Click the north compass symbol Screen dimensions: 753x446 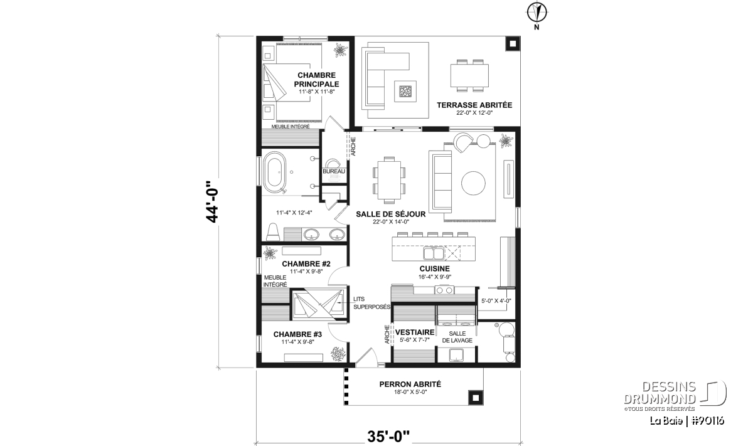point(537,13)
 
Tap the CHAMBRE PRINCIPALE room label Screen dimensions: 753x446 point(317,80)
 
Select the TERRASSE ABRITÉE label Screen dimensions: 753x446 point(474,105)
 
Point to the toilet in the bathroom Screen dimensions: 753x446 point(273,232)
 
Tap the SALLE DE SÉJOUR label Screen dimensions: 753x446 point(390,214)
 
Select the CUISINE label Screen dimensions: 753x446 point(435,269)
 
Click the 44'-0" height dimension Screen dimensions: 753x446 point(212,201)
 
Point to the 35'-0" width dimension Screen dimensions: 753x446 point(388,437)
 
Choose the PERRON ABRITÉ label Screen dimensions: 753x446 point(410,384)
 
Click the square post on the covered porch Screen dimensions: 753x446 point(476,398)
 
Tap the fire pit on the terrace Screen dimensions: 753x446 point(405,91)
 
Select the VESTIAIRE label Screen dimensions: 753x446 point(415,332)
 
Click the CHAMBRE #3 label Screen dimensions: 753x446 point(297,334)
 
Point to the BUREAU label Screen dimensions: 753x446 point(334,171)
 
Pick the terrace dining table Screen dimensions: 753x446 point(469,76)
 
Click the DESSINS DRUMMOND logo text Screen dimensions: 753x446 point(660,393)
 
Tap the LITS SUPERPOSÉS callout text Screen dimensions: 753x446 point(371,303)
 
